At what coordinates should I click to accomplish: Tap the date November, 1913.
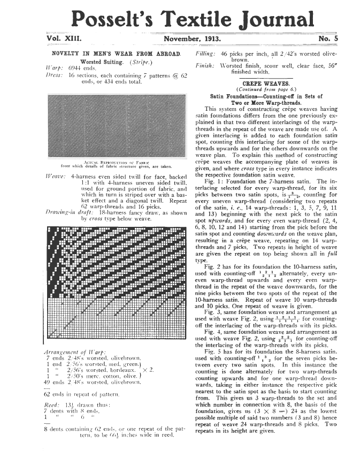(x=192, y=39)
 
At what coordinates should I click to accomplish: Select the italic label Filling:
(x=205, y=54)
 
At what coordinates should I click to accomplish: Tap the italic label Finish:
(x=205, y=69)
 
